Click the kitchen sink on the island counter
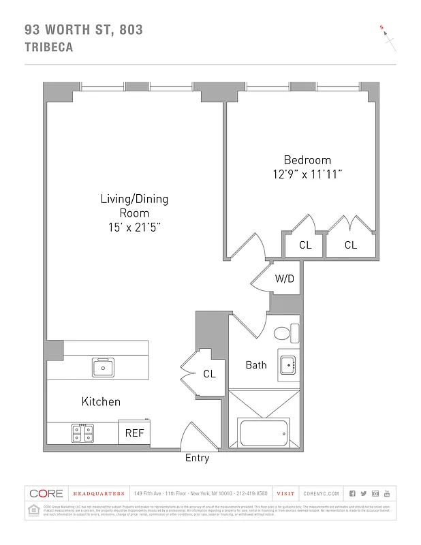[104, 367]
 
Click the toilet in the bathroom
[283, 333]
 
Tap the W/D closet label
[284, 279]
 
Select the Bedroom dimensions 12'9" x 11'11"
[307, 174]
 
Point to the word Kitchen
[101, 401]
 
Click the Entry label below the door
[197, 458]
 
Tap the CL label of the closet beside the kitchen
[209, 374]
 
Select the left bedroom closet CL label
[305, 245]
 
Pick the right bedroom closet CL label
[350, 245]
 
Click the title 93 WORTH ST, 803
[83, 29]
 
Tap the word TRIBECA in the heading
[48, 48]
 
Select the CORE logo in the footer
[46, 493]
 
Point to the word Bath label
[256, 365]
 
